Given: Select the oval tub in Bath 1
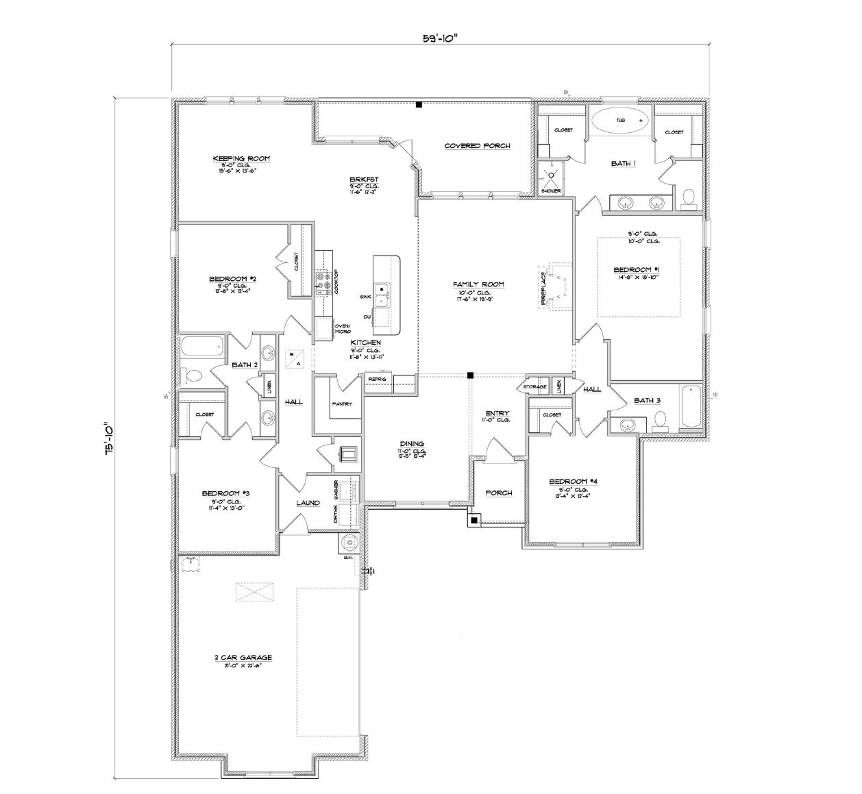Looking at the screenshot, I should (619, 121).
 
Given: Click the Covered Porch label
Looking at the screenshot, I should (477, 146).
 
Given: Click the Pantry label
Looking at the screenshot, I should (342, 404).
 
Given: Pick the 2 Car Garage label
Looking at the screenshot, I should (243, 658).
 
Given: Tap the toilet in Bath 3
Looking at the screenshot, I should (661, 419).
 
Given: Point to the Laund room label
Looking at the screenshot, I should (308, 503).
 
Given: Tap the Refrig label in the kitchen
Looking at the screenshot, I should (377, 379).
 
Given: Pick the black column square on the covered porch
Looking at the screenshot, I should (419, 105).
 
